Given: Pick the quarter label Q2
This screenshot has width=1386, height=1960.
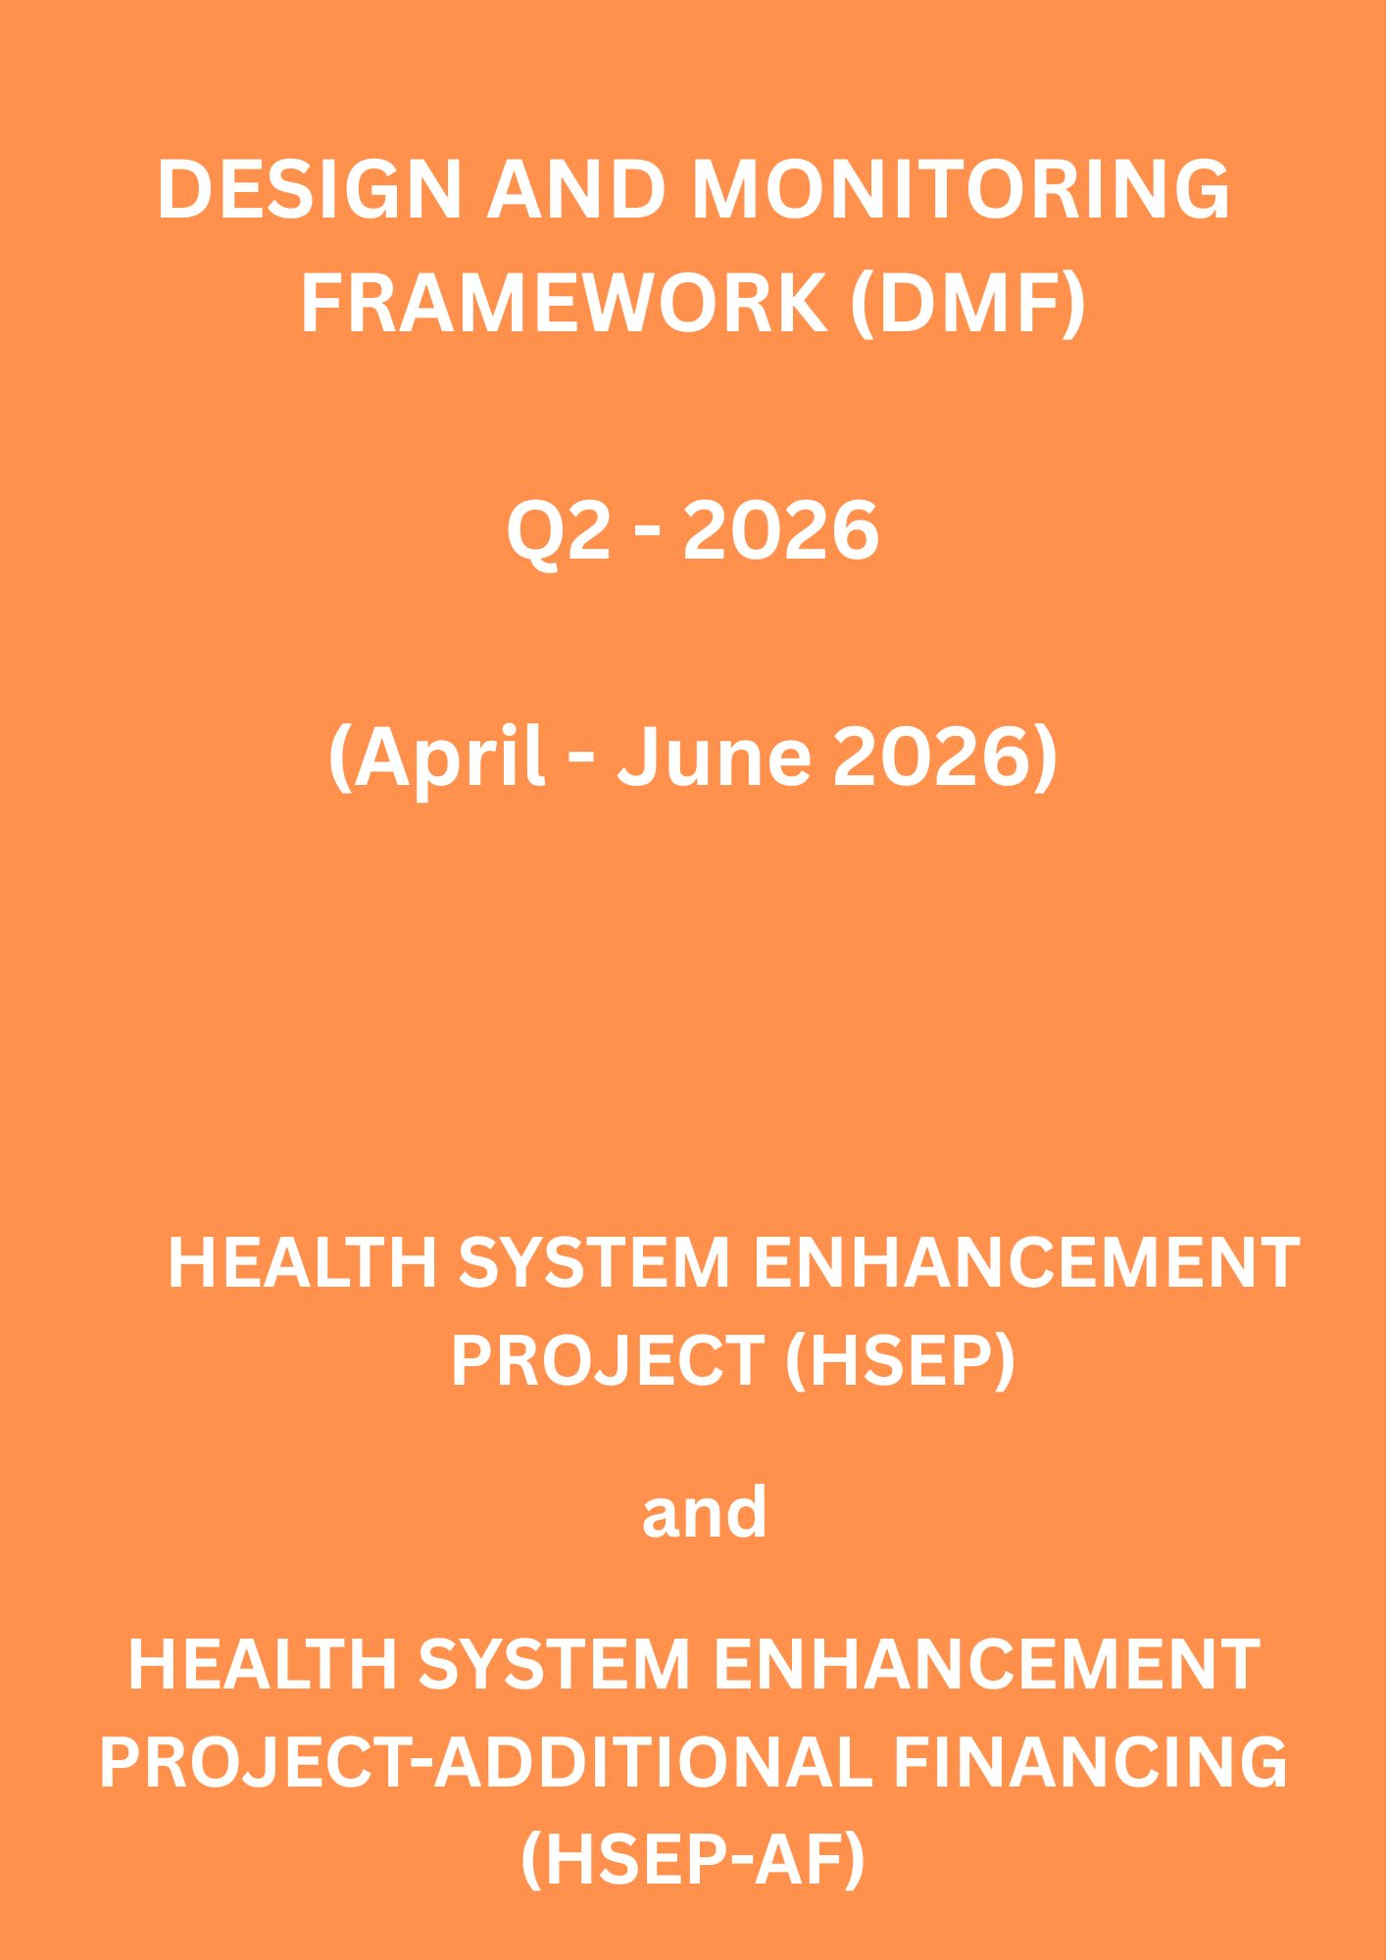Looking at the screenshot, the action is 553,532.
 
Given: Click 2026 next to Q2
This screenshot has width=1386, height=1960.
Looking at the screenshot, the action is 780,532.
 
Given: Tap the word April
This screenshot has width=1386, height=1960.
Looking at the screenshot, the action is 437,759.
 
